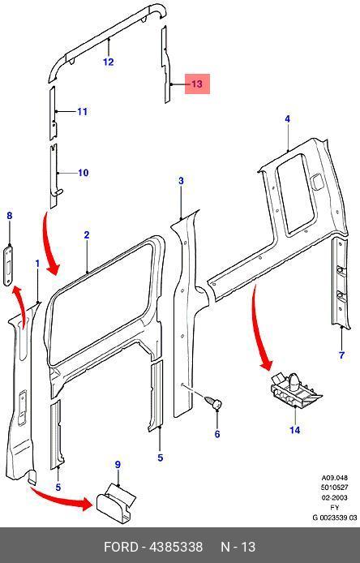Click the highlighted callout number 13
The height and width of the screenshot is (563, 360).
(197, 84)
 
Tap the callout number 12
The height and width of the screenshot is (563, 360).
(108, 62)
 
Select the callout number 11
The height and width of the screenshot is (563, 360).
(83, 112)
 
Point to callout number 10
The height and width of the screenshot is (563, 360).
(84, 173)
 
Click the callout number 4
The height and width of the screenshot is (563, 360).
(288, 119)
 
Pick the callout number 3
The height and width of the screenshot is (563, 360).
(181, 181)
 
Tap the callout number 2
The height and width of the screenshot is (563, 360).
(87, 235)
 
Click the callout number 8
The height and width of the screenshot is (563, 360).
(10, 216)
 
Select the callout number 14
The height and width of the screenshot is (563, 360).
(294, 430)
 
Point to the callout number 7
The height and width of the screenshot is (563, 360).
(341, 355)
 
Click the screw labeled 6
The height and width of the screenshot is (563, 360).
(214, 402)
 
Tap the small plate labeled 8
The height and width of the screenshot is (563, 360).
(8, 265)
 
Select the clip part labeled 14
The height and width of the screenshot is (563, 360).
(295, 391)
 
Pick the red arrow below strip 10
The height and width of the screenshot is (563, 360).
(49, 244)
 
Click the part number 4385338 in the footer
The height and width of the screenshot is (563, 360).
(176, 547)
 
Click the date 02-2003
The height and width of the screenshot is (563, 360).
(335, 497)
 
